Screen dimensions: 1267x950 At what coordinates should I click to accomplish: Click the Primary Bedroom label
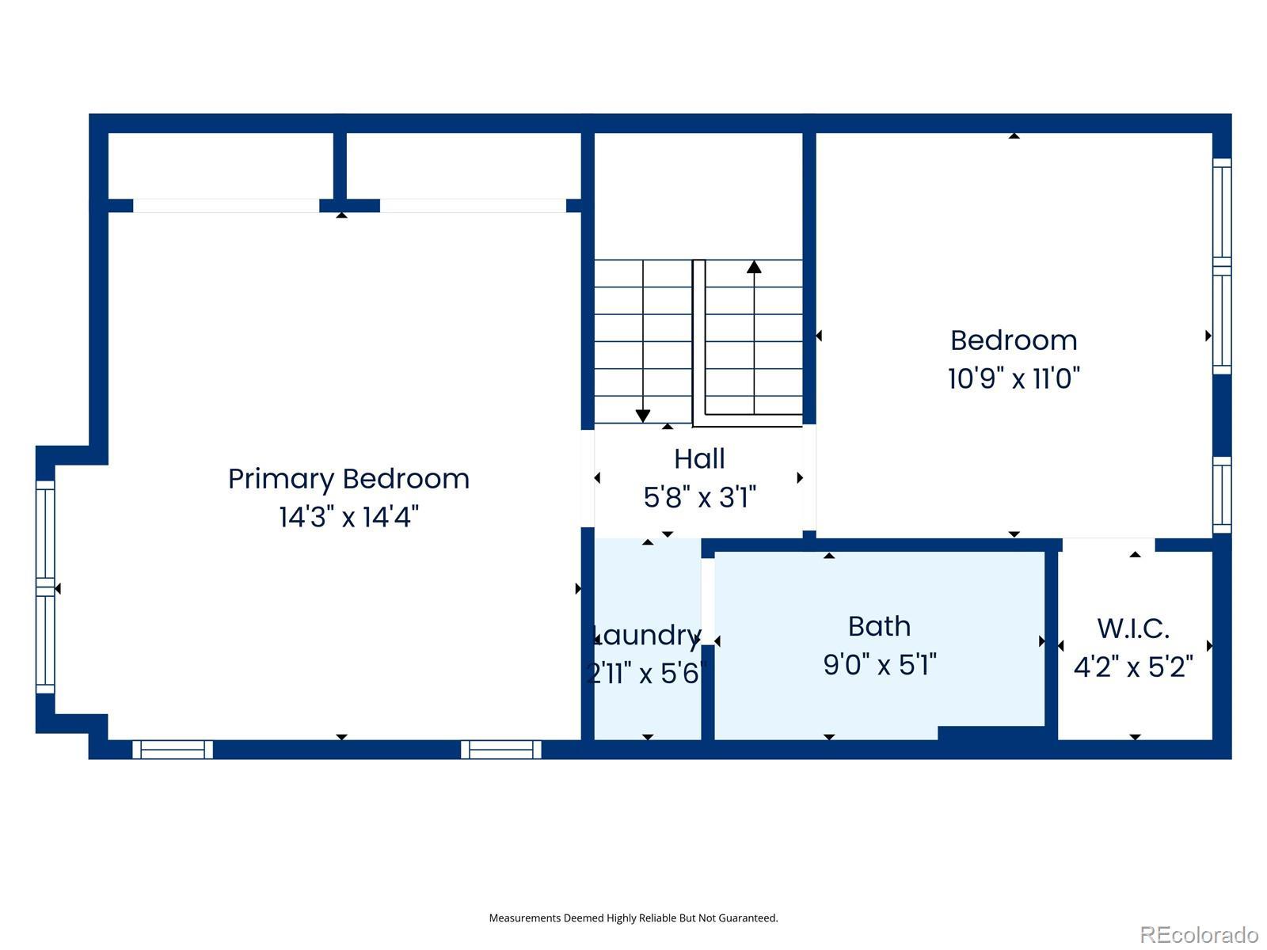tap(348, 480)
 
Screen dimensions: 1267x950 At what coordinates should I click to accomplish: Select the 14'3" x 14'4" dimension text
tap(348, 517)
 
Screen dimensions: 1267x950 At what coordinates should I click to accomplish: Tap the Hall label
tap(699, 459)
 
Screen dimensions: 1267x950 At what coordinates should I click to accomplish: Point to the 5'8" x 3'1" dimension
tap(699, 497)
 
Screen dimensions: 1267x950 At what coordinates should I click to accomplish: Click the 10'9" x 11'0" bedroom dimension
tap(1014, 378)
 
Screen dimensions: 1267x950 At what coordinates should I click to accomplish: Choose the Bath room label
tap(879, 626)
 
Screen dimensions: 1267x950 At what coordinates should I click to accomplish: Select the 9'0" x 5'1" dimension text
tap(879, 664)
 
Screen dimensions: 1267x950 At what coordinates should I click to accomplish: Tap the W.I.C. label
tap(1133, 628)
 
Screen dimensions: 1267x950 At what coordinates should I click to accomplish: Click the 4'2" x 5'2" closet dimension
tap(1133, 667)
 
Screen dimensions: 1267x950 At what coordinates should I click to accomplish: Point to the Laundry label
tap(646, 636)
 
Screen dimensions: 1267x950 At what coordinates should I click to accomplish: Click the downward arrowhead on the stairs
tap(643, 416)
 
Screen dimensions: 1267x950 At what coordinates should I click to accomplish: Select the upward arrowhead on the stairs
tap(754, 267)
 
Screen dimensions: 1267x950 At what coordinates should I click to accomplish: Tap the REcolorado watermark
tap(1199, 934)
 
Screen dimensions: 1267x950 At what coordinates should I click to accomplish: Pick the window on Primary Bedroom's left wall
tap(45, 587)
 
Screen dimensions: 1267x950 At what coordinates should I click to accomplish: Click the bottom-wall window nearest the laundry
tap(501, 750)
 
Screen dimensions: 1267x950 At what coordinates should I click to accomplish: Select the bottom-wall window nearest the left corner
tap(173, 750)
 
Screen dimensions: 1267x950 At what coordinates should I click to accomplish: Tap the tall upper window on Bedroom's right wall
tap(1222, 267)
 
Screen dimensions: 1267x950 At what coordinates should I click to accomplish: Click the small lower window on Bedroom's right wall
tap(1222, 496)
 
